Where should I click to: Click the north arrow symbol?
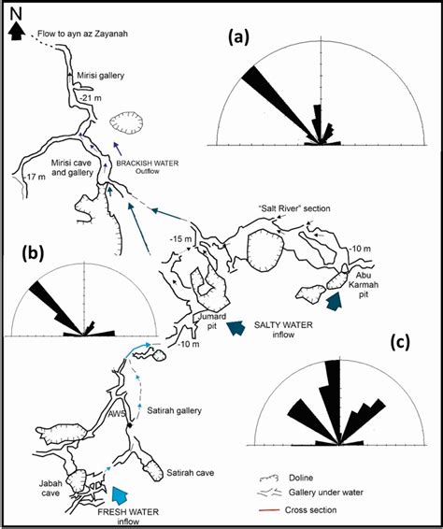(16, 32)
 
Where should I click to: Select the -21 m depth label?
(89, 97)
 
